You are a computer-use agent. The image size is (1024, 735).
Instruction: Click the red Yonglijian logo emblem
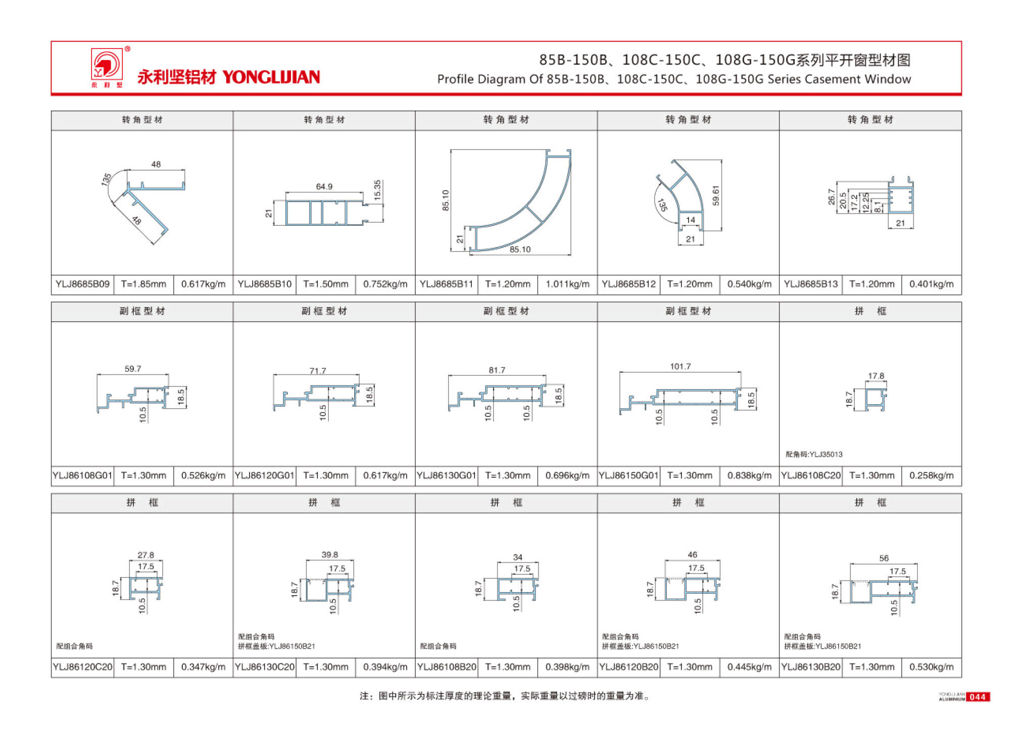pos(107,64)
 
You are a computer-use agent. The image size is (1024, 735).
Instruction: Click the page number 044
pos(978,697)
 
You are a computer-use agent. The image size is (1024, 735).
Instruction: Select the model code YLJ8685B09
pos(82,284)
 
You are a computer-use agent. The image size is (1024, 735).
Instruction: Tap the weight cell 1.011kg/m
pos(567,284)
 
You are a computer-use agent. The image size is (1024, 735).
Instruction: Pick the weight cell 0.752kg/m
pos(385,284)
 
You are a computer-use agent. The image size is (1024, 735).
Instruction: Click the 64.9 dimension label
pos(324,186)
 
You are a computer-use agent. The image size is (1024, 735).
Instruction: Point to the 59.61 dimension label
pos(715,195)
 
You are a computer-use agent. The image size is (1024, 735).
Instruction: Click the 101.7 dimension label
pos(680,366)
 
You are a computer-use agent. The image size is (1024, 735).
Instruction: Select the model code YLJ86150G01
pos(628,475)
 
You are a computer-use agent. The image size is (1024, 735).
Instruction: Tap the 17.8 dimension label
pos(876,376)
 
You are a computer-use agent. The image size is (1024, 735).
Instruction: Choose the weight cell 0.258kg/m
pos(931,475)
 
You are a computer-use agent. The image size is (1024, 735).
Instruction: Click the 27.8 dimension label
pos(145,555)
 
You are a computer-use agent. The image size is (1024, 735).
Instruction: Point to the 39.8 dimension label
pos(329,555)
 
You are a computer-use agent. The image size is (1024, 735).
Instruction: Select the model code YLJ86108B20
pos(447,667)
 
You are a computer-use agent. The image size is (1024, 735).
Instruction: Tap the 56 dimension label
pos(884,558)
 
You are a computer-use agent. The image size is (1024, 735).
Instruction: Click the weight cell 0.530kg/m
pos(931,667)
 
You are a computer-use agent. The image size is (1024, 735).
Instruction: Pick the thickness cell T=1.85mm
pos(143,284)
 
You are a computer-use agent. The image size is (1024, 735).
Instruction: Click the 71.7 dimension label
pos(318,371)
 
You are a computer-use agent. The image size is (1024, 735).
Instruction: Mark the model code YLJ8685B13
pos(810,284)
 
